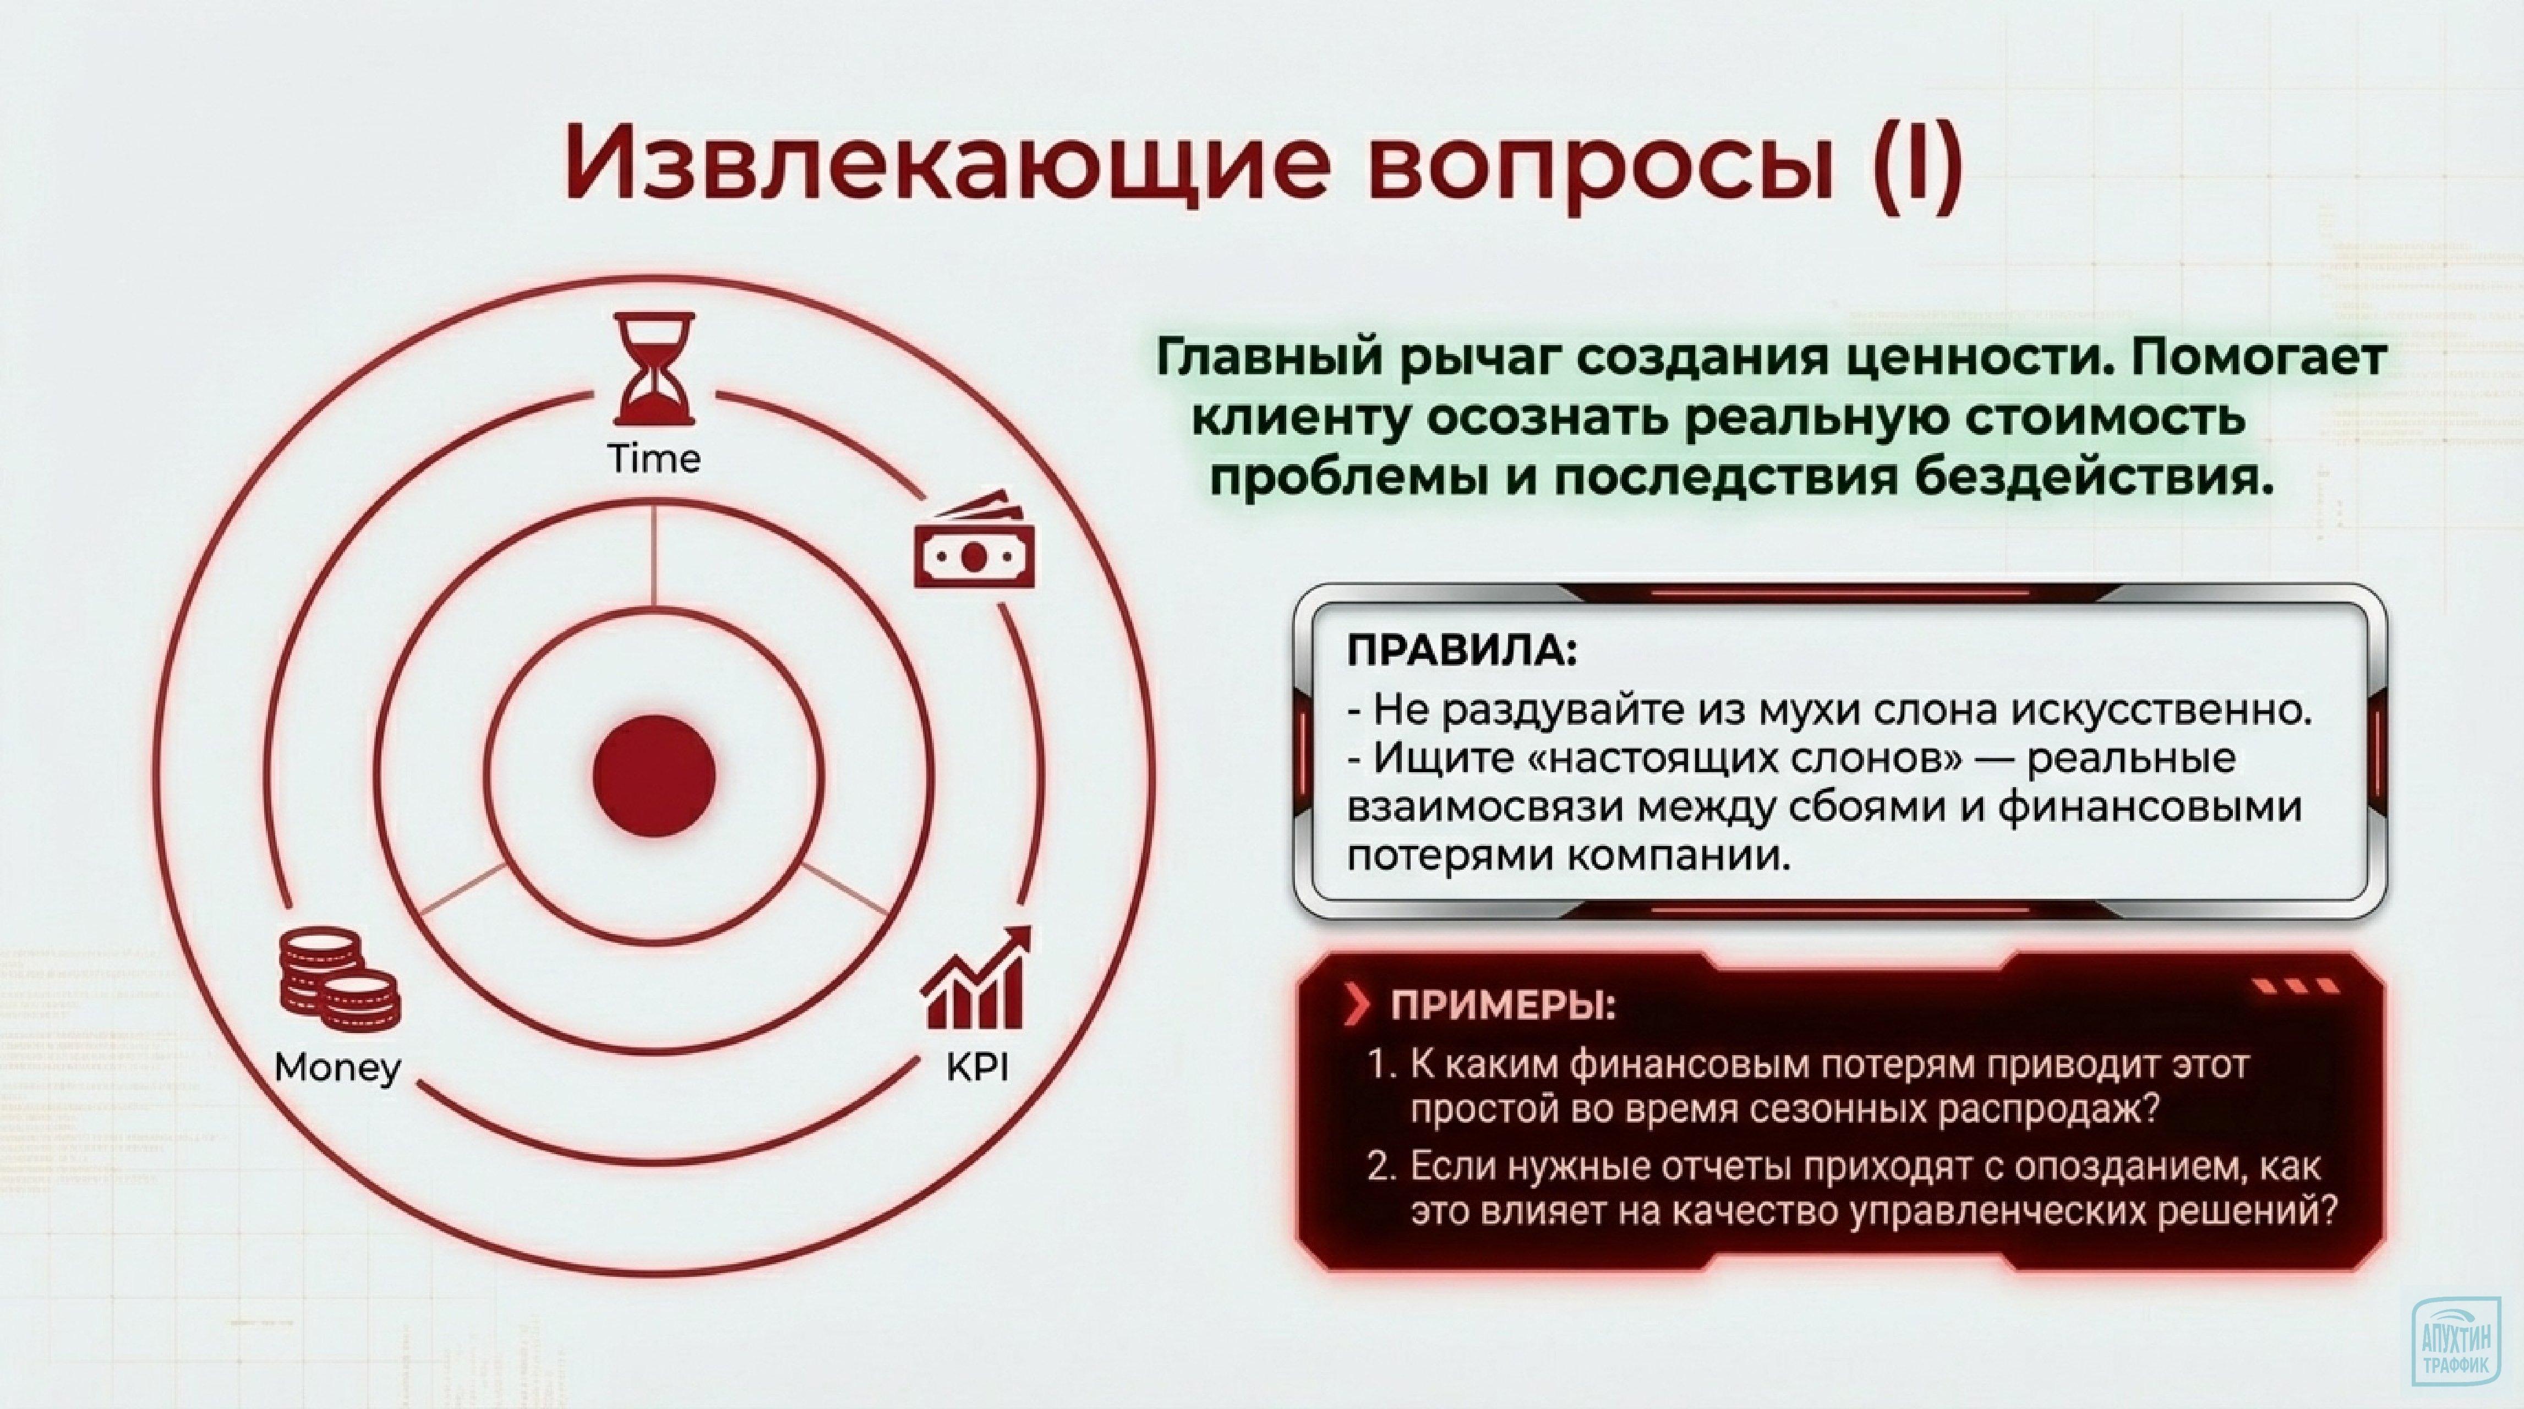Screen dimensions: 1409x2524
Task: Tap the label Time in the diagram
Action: coord(653,458)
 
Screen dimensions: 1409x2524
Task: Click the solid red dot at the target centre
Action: coord(653,775)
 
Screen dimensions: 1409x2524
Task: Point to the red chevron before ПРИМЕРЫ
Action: coord(1358,1006)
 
